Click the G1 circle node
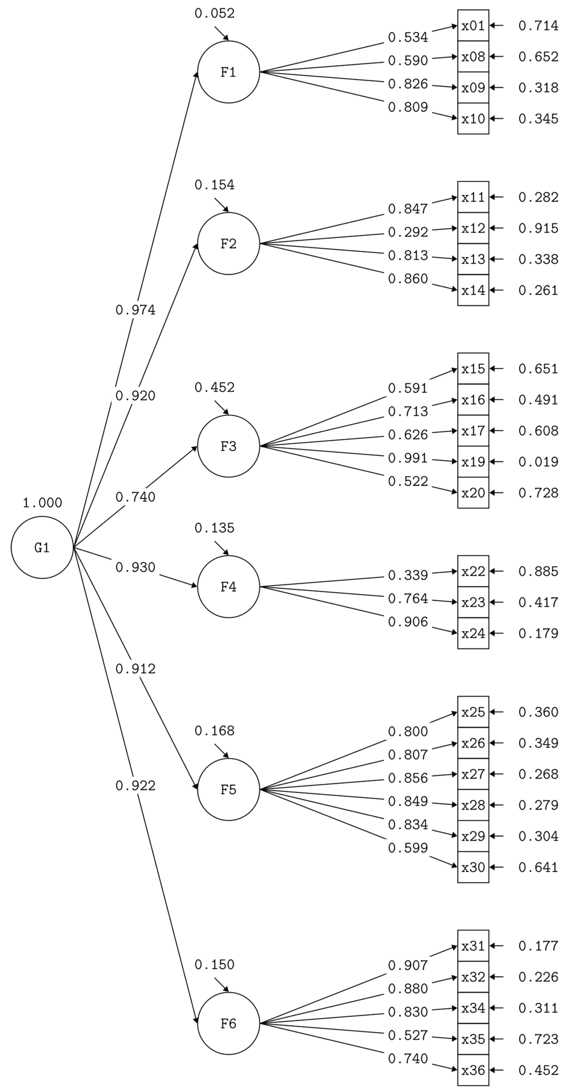click(x=42, y=547)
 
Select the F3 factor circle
click(x=228, y=446)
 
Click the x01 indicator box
click(x=473, y=25)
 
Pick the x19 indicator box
click(x=473, y=462)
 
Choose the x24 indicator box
click(x=473, y=633)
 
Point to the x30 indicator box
click(x=473, y=867)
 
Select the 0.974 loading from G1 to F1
click(x=136, y=310)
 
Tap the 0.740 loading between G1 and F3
click(x=136, y=497)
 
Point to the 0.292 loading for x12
click(x=408, y=232)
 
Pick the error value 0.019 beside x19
click(x=538, y=462)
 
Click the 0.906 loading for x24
click(x=408, y=622)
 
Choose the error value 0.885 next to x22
click(x=538, y=571)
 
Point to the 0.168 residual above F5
click(x=214, y=731)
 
